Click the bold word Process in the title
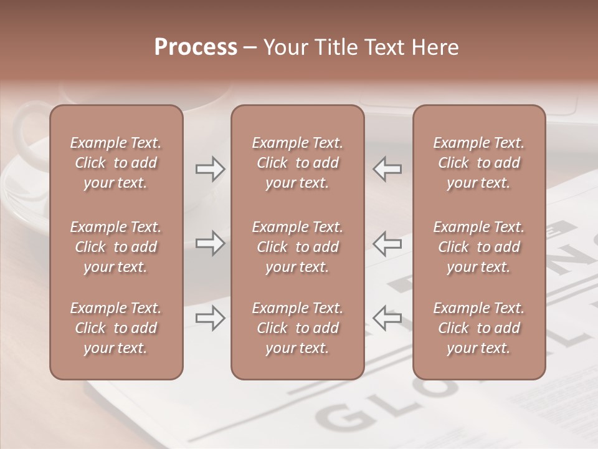click(196, 47)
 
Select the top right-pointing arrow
click(210, 168)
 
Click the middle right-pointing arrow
click(210, 243)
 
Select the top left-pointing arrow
click(387, 168)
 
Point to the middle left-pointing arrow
click(387, 243)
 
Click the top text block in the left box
click(116, 163)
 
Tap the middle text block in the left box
click(116, 247)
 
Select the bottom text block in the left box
click(116, 328)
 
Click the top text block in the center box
click(297, 163)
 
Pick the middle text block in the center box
click(297, 247)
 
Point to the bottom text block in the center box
click(297, 328)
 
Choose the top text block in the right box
click(478, 163)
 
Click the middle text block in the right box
click(478, 247)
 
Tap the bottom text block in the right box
click(478, 328)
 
